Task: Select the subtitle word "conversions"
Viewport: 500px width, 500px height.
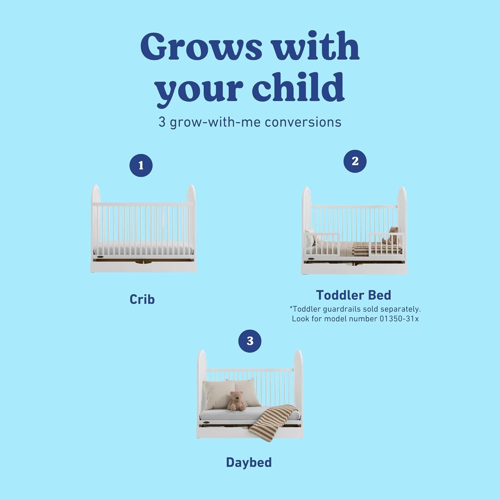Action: pyautogui.click(x=303, y=122)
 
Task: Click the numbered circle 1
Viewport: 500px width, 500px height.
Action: pyautogui.click(x=141, y=165)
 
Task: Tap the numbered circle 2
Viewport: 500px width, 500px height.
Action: pyautogui.click(x=355, y=161)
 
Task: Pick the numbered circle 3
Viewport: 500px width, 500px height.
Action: pyautogui.click(x=250, y=341)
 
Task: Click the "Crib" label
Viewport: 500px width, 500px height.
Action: pyautogui.click(x=142, y=299)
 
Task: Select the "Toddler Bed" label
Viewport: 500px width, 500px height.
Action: pyautogui.click(x=353, y=295)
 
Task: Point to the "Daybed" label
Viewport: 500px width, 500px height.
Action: pyautogui.click(x=249, y=462)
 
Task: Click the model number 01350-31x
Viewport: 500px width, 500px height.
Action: pyautogui.click(x=399, y=319)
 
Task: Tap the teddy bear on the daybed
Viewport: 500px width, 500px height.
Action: pyautogui.click(x=236, y=401)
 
